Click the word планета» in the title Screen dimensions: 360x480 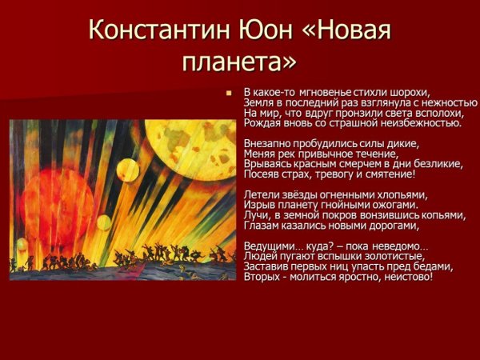239,61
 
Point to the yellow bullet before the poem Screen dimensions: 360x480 228,93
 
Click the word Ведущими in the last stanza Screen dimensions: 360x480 269,246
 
